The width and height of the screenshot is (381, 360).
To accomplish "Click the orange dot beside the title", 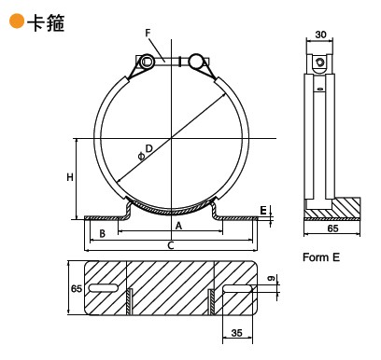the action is pos(17,21).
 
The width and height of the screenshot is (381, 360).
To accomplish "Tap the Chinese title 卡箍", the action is pos(46,23).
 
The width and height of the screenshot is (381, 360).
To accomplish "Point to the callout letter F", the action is pos(148,33).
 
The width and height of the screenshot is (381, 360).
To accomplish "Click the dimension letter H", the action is pos(70,177).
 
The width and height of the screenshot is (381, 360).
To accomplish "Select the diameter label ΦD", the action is pos(146,152).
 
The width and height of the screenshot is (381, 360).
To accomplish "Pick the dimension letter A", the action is pos(178,226).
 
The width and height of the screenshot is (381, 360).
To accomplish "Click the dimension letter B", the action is pos(102,233).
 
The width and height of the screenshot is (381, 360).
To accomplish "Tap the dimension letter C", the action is pos(171,245).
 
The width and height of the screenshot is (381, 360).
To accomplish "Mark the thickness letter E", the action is pos(263,211).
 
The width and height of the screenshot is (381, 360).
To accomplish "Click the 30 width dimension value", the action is pos(320,35).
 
